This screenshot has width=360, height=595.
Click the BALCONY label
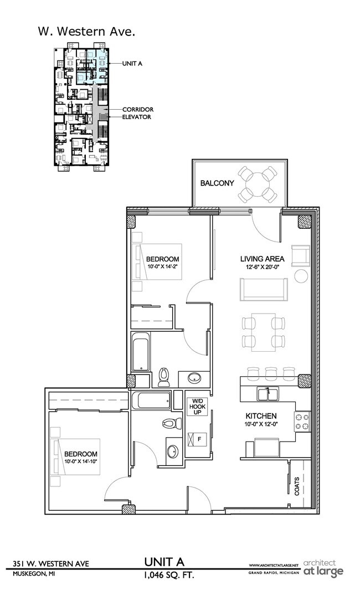pyautogui.click(x=217, y=183)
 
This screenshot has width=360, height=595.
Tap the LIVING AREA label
pyautogui.click(x=262, y=259)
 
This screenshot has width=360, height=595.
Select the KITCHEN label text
pyautogui.click(x=261, y=416)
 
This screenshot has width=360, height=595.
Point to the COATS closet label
pyautogui.click(x=297, y=486)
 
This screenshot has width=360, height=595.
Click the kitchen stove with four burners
pyautogui.click(x=302, y=421)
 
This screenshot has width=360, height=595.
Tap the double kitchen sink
pyautogui.click(x=267, y=393)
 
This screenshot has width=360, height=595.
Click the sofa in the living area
pyautogui.click(x=263, y=289)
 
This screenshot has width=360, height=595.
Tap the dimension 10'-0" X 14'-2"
pyautogui.click(x=162, y=267)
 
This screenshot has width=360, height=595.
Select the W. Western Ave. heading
pyautogui.click(x=85, y=32)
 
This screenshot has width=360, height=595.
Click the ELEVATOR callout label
pyautogui.click(x=137, y=117)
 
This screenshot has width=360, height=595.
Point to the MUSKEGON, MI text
pyautogui.click(x=34, y=574)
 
